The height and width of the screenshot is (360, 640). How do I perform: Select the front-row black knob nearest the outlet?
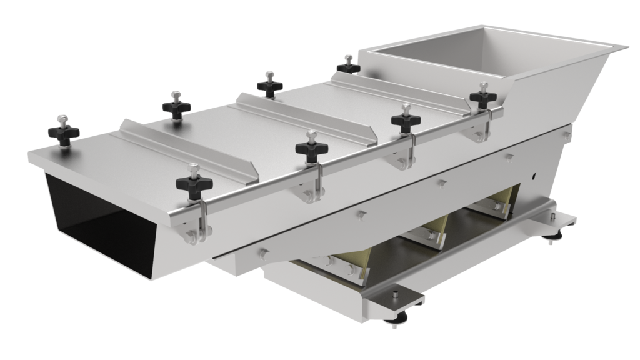(x=194, y=184)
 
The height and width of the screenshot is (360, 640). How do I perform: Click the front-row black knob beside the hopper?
(x=482, y=97)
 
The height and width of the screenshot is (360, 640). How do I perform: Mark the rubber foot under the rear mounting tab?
(x=554, y=237)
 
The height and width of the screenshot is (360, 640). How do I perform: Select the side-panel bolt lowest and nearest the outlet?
(x=262, y=253)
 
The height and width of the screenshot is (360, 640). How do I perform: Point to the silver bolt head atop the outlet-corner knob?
(x=62, y=118)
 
